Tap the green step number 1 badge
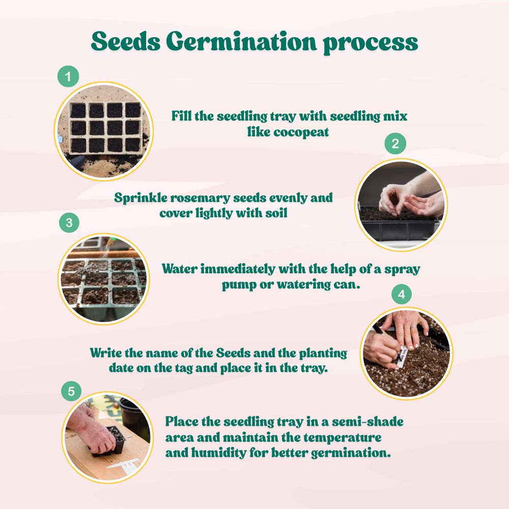tap(68, 77)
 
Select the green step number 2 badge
tap(395, 144)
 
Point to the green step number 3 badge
tap(69, 222)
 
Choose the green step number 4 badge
tap(401, 294)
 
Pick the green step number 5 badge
tap(71, 391)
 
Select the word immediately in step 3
tap(235, 269)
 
